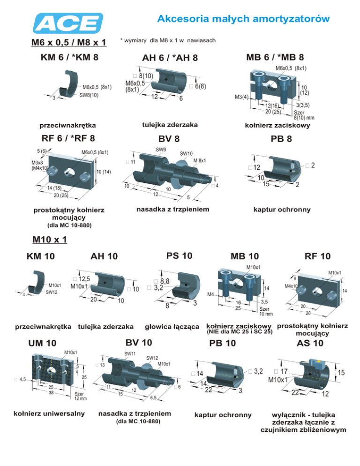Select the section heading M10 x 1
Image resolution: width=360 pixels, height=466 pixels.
coord(50,240)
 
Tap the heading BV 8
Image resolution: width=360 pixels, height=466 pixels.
coord(169,139)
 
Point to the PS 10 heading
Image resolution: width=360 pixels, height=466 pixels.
coord(180,256)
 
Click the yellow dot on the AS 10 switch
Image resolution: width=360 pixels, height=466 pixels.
coord(320,362)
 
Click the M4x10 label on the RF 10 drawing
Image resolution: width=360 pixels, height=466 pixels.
coord(293,287)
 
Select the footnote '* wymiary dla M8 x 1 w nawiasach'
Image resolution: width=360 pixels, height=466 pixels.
coord(168,41)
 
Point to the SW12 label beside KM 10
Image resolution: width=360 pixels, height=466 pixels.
coord(52,293)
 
